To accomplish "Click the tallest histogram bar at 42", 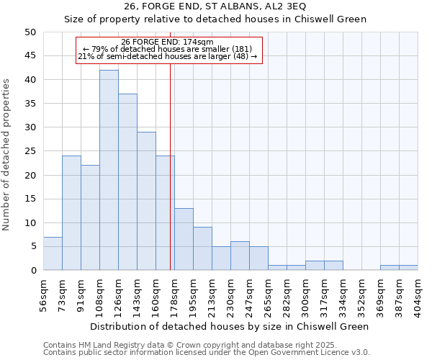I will pos(109,170).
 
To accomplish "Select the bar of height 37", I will pos(127,182).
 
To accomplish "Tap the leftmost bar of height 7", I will pos(53,253).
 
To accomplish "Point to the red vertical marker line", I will pos(170,166).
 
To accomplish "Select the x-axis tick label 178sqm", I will pos(174,294).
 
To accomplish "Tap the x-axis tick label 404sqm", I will pos(418,294).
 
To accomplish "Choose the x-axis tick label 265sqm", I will pos(268,294).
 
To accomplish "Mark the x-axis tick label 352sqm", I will pos(361,294).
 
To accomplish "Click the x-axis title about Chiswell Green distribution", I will pos(230,326).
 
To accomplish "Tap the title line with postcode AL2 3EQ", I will pos(216,6).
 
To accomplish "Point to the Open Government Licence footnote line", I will pos(206,353).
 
